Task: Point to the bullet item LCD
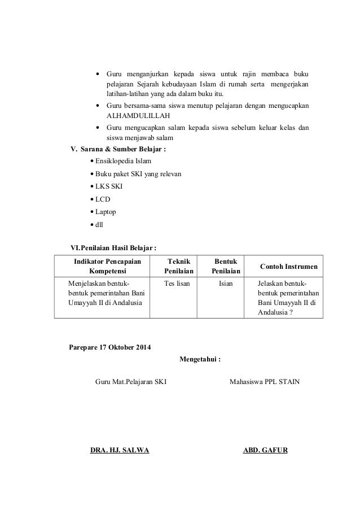pos(103,199)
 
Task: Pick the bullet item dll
pos(99,224)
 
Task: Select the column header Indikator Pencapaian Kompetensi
pos(104,266)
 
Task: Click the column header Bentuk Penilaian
pos(225,266)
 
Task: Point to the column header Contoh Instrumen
pos(288,267)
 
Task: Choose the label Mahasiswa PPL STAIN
pos(265,382)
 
